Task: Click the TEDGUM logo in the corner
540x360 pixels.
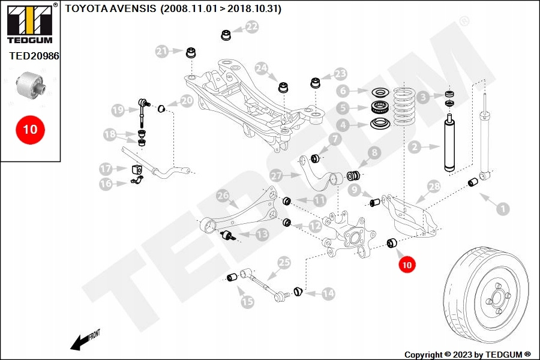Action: pos(29,25)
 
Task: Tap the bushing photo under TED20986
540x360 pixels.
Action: pos(33,85)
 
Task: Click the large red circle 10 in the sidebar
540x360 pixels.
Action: pos(30,129)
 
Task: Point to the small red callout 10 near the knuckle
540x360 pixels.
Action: pos(407,263)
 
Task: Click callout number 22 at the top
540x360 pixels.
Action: pos(251,27)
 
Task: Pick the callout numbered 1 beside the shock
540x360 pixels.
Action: pos(502,209)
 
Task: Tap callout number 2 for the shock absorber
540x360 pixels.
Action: pos(413,146)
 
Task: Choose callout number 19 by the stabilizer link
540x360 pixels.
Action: pos(118,110)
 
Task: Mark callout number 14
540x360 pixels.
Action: pos(328,294)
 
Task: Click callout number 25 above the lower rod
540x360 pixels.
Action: pos(284,262)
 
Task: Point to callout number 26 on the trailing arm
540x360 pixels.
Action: pos(223,195)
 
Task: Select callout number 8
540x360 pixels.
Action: pos(374,153)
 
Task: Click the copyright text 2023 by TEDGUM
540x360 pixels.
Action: pos(467,355)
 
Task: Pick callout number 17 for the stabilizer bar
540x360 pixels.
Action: pos(106,169)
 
